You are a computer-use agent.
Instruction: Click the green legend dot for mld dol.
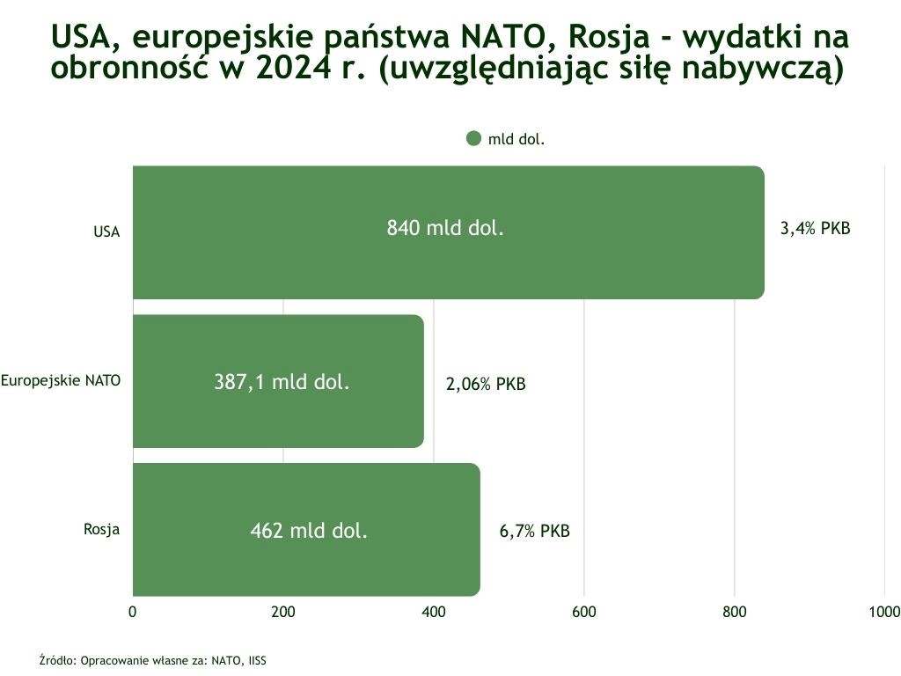tap(473, 138)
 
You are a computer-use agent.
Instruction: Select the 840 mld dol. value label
tap(445, 229)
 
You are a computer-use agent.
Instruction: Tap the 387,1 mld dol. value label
tap(282, 382)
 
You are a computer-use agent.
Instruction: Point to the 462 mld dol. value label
tap(309, 531)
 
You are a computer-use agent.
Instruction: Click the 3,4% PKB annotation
tap(816, 229)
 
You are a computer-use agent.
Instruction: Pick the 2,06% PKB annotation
tap(486, 385)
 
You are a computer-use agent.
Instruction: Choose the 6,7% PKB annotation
tap(534, 532)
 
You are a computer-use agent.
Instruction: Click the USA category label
tap(106, 232)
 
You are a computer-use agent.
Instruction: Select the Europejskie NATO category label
tap(61, 380)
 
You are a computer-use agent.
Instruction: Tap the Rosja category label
tap(102, 529)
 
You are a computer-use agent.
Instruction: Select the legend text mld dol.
tap(516, 139)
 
